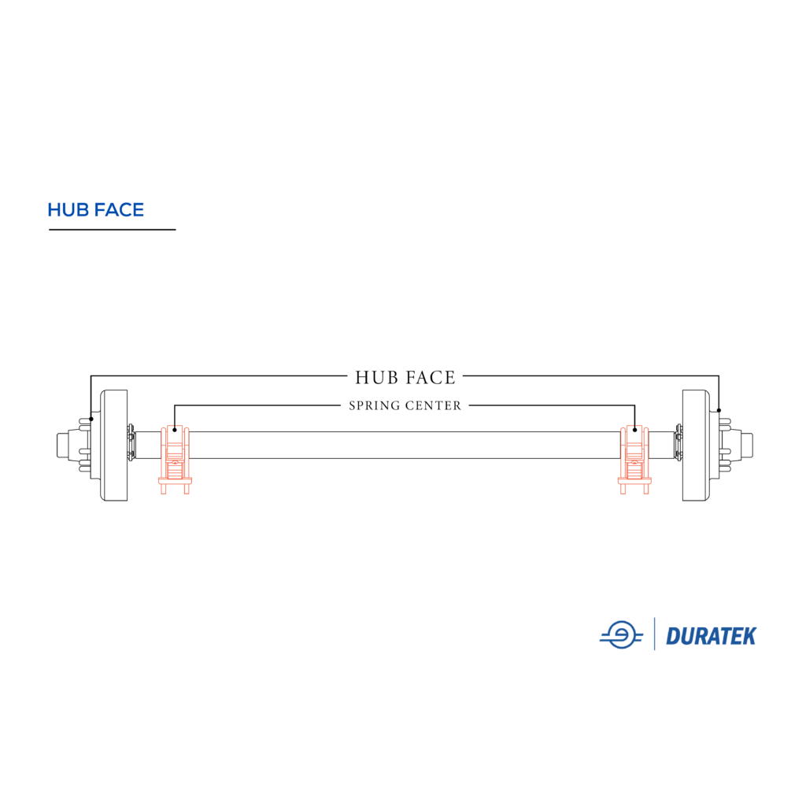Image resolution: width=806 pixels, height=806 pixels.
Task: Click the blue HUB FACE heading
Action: click(95, 210)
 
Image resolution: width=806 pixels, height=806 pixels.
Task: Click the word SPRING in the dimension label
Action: click(375, 406)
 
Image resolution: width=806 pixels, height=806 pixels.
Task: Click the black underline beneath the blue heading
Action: click(112, 230)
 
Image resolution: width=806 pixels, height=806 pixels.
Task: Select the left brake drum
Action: click(115, 446)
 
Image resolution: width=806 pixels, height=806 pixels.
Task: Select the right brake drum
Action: click(697, 446)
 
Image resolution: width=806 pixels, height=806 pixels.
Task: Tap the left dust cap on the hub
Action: click(63, 446)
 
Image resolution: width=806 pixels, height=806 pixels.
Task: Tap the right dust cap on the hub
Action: click(747, 446)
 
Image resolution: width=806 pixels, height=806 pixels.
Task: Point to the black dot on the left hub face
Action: click(91, 419)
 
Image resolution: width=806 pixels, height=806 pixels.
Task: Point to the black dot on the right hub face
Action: click(719, 410)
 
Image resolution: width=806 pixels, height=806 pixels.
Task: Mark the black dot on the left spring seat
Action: click(175, 430)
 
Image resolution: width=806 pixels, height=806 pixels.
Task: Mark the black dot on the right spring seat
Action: click(634, 430)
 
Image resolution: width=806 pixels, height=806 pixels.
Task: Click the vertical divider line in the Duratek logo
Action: click(655, 634)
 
